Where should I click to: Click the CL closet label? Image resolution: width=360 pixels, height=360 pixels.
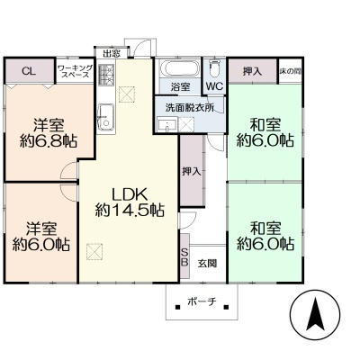coord(29,71)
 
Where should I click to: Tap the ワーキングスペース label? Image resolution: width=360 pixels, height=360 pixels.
coord(76,71)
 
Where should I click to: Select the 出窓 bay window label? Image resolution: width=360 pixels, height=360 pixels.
coord(112,54)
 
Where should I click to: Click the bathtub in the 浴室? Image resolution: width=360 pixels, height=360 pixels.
coord(179,68)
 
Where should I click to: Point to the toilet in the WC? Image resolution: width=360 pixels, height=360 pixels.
coord(214,68)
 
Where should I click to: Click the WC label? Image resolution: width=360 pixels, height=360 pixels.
coord(215,86)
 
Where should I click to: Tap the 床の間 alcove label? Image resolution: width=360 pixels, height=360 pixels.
coord(291,71)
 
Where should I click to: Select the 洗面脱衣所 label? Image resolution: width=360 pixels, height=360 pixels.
coord(190,108)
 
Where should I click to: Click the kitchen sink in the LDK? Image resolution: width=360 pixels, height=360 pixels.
coord(106,117)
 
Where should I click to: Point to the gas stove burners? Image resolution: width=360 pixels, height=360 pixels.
coord(106,75)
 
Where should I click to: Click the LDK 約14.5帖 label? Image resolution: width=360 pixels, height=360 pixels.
coord(130,202)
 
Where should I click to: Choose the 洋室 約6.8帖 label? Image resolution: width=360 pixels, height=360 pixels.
coord(49,133)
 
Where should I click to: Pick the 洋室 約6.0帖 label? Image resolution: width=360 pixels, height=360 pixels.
coord(41,237)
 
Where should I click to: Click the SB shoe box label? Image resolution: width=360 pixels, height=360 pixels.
coord(184,256)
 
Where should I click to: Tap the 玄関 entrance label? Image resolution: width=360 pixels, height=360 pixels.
coord(207,264)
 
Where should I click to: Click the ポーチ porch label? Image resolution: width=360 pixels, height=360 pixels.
coord(202,301)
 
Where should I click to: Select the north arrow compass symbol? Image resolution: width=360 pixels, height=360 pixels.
coord(315,315)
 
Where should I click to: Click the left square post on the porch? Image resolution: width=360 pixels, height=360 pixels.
coord(177,307)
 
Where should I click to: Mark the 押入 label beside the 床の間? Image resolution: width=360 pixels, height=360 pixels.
coord(252,71)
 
